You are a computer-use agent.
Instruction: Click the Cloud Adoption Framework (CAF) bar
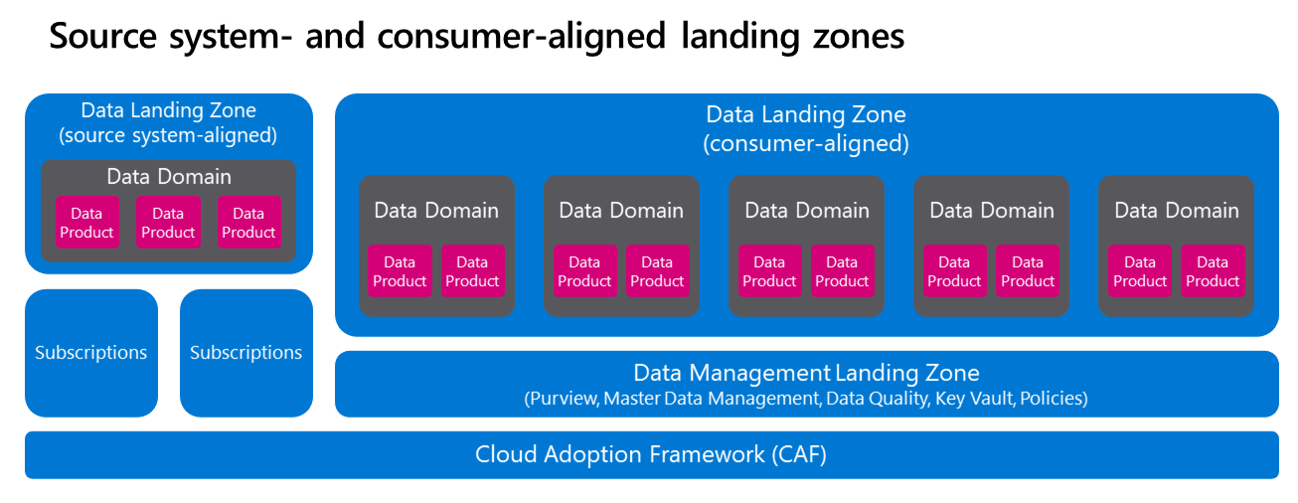click(651, 455)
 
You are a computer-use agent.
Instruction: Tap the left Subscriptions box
click(90, 353)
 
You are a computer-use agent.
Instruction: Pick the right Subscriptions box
click(245, 353)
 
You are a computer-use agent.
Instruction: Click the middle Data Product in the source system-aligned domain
click(168, 223)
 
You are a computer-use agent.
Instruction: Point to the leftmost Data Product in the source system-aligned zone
click(86, 223)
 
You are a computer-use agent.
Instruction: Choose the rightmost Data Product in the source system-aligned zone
click(248, 223)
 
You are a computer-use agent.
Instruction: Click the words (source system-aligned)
click(168, 135)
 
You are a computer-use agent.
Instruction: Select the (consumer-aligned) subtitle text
click(806, 143)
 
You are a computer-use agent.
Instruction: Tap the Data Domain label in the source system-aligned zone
click(169, 177)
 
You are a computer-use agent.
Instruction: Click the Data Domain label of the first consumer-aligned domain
click(436, 211)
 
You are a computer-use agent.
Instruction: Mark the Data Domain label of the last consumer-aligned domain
click(1177, 211)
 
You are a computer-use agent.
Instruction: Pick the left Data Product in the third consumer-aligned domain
click(769, 271)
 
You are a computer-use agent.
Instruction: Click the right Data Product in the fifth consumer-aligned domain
click(1213, 271)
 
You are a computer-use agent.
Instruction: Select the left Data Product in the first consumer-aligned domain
click(400, 271)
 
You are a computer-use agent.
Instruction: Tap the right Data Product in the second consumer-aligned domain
click(657, 271)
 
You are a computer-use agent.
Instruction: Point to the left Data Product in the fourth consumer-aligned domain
click(954, 271)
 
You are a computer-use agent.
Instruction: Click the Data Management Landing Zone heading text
click(806, 374)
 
